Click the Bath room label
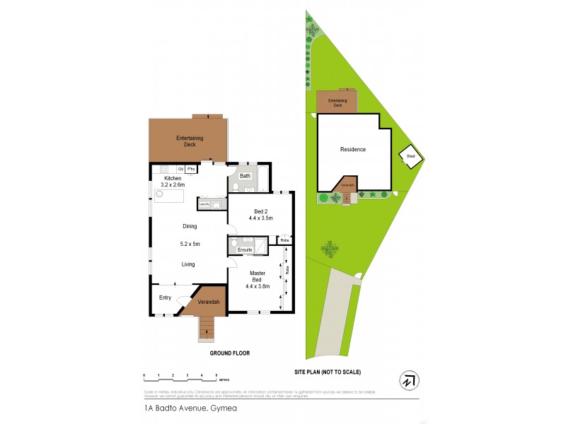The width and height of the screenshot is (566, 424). tap(245, 176)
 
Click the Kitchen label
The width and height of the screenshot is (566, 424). tap(173, 178)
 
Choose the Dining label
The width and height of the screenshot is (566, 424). tap(189, 226)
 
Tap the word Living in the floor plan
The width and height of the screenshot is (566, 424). tap(188, 264)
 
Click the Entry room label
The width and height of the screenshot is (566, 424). tap(165, 298)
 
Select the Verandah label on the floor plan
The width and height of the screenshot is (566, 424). tap(209, 302)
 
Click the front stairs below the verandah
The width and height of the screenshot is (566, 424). tap(206, 327)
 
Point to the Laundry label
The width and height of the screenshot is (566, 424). tap(204, 204)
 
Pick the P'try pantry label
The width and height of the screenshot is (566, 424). tap(191, 169)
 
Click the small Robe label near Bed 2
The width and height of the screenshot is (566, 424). tap(284, 241)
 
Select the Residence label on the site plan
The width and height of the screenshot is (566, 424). tap(353, 149)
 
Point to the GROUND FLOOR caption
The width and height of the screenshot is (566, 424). tap(230, 353)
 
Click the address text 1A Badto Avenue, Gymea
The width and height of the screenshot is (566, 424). tap(174, 408)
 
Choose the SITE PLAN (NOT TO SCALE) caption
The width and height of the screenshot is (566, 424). tap(332, 371)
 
